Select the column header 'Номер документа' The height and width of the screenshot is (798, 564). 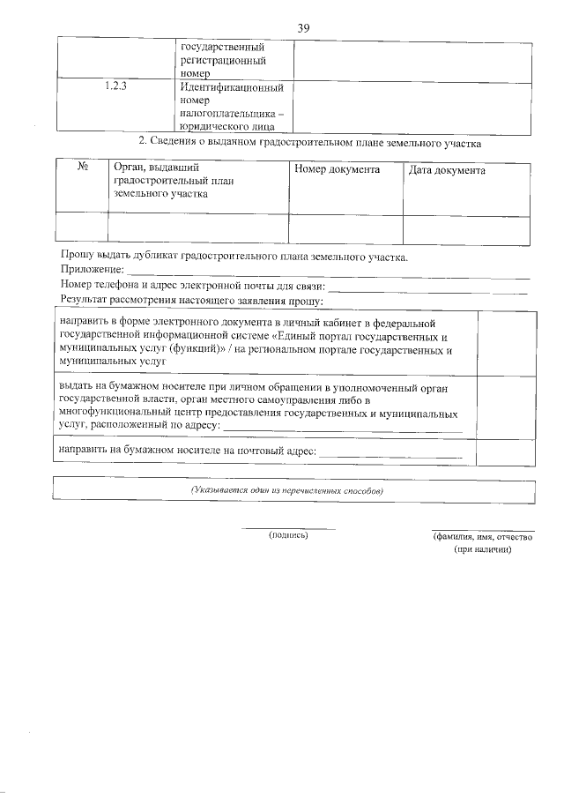coord(336,169)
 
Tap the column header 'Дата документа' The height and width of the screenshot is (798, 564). coord(447,169)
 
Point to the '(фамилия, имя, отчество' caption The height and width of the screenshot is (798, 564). coord(482,536)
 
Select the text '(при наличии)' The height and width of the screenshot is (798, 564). coord(482,548)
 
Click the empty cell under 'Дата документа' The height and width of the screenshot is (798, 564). coord(466,227)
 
